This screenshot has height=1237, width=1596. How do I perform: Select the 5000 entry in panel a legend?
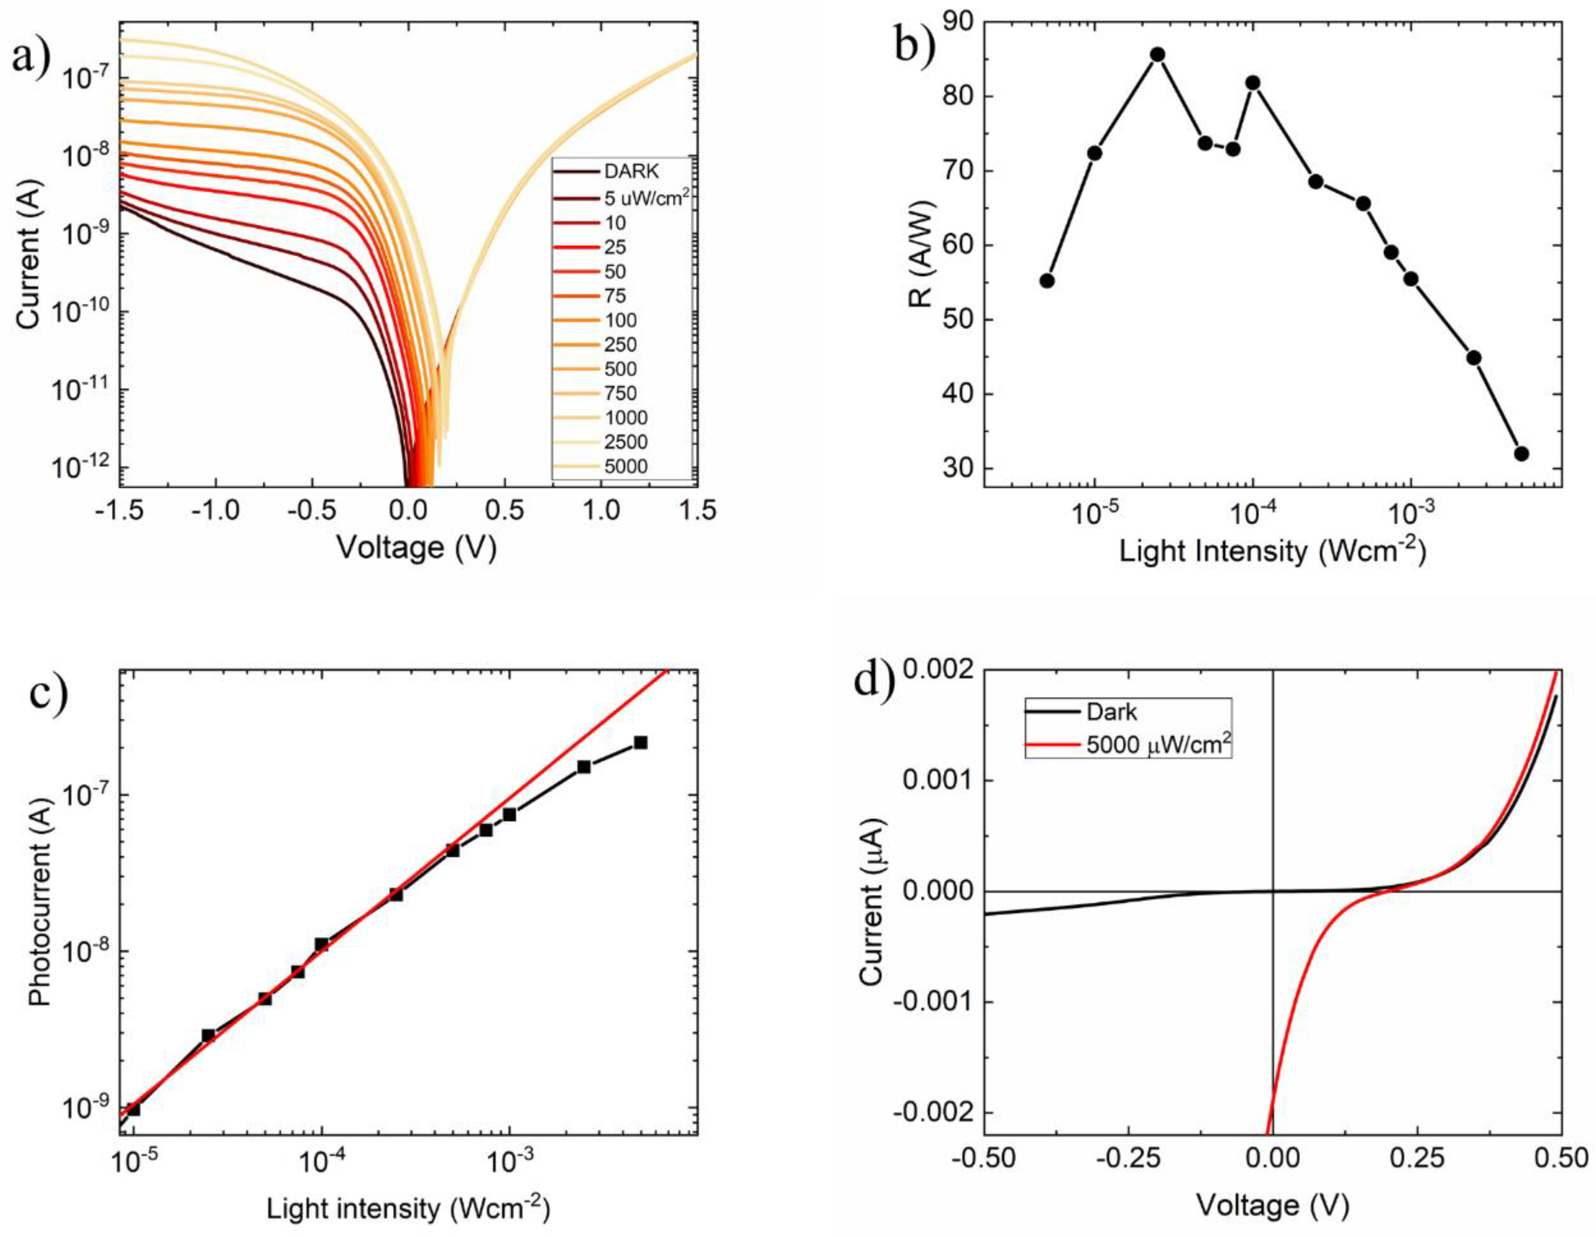point(625,466)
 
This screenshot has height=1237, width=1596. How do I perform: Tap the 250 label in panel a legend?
point(620,344)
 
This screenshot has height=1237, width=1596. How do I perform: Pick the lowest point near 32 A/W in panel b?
point(1521,454)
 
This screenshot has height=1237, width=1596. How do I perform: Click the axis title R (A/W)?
point(922,254)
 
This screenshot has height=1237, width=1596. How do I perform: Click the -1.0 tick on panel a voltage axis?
point(216,510)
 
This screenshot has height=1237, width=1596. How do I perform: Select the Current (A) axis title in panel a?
point(28,254)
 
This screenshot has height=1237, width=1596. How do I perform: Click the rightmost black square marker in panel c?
point(641,742)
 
